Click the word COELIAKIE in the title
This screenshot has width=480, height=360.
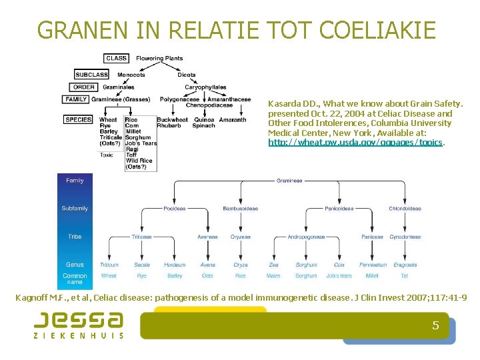378,30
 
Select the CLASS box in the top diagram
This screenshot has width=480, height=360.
117,58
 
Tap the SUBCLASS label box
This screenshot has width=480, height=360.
92,75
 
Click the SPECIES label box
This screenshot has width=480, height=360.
79,120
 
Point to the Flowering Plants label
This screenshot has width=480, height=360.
159,58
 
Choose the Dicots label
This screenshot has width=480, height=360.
187,75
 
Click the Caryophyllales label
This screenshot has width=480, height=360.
205,87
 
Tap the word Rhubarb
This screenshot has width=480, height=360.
168,125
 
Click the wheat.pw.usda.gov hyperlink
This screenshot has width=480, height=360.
356,143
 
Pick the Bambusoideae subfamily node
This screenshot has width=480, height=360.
240,209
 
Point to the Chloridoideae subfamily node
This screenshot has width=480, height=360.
405,209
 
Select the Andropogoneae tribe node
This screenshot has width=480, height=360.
306,237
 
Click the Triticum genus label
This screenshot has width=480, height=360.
109,265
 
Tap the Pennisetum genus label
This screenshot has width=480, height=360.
373,265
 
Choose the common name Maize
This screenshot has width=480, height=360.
273,275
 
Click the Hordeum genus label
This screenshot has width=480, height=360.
175,265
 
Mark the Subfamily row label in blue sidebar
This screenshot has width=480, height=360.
75,209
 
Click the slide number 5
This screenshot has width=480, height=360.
435,325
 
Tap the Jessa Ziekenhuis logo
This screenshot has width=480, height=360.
79,325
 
